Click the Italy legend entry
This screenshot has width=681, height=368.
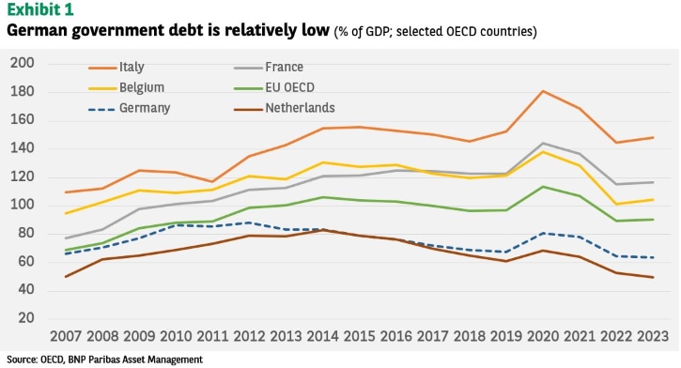click(x=116, y=68)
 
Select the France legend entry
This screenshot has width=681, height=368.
click(x=269, y=68)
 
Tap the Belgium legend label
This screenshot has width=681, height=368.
click(x=142, y=87)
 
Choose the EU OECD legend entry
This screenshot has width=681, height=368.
click(x=274, y=87)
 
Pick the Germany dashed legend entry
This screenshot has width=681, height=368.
click(x=129, y=108)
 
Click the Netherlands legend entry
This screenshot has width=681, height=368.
click(x=284, y=108)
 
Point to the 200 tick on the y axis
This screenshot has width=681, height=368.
click(x=23, y=63)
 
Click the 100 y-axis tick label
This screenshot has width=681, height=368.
click(x=23, y=205)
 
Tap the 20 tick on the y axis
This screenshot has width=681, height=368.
click(x=26, y=317)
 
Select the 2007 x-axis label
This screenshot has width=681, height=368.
click(x=66, y=336)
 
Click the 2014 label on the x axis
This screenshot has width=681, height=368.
click(x=323, y=336)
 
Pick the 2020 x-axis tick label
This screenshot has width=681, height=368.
click(x=543, y=336)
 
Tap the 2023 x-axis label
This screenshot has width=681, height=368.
click(x=653, y=336)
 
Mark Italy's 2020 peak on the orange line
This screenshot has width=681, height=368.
click(x=543, y=91)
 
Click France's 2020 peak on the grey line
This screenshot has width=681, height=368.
click(x=543, y=144)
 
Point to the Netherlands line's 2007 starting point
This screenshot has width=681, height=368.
click(x=66, y=276)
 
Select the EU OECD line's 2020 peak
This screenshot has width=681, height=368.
click(x=543, y=187)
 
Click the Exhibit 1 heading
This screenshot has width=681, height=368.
click(x=40, y=9)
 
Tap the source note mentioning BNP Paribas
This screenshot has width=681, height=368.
click(x=104, y=360)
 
